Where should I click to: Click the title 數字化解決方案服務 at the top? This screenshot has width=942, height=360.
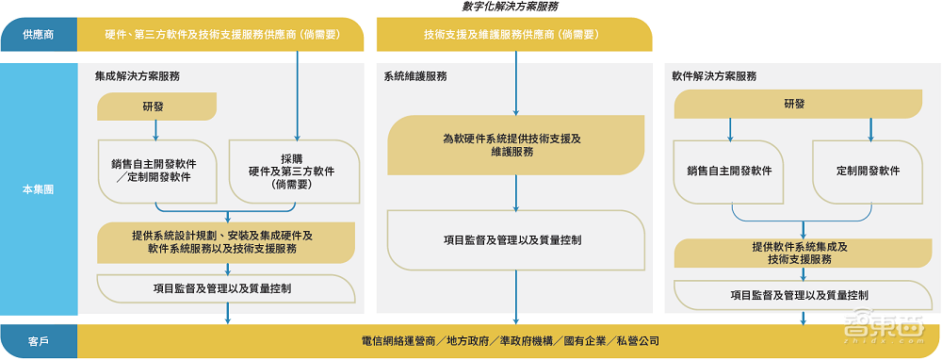pos(511,7)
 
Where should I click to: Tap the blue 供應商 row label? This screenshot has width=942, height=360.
pos(39,36)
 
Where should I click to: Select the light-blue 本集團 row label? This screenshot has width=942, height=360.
pos(39,189)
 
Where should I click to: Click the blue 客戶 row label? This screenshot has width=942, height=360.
pos(39,340)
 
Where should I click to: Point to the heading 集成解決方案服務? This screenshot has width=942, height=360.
pos(137,75)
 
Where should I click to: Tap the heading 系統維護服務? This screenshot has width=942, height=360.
pos(415,75)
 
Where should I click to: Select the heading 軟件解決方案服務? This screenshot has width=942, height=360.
pos(714,75)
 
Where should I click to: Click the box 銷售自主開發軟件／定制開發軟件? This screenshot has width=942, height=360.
pos(157,171)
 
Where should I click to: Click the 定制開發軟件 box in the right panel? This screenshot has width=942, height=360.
pos(868,172)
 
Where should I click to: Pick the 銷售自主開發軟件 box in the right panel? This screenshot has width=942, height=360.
pos(729,172)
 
